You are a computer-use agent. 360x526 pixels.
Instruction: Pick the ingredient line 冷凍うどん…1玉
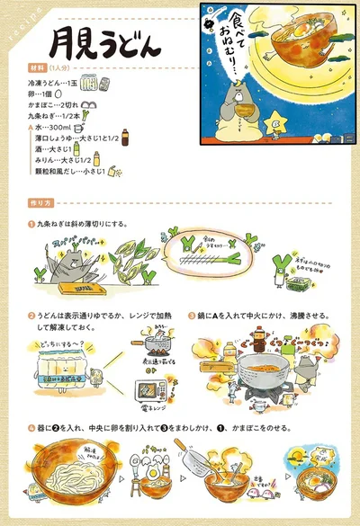tap(55, 79)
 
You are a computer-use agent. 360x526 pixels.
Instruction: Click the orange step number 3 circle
tap(191, 316)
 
